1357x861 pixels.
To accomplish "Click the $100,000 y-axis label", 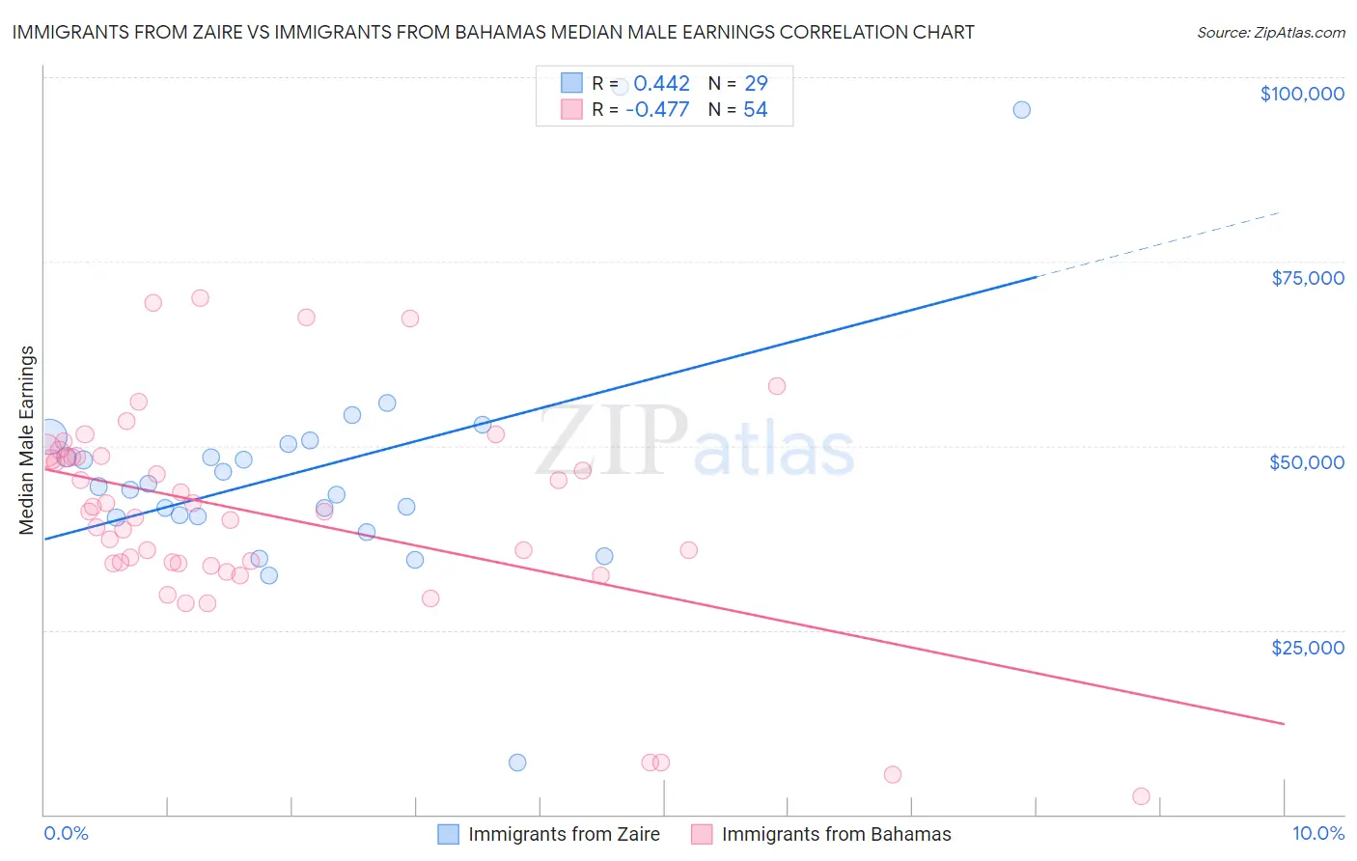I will (x=1302, y=94).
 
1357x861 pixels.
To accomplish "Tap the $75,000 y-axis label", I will (x=1307, y=278).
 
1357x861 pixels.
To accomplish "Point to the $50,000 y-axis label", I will (x=1306, y=462).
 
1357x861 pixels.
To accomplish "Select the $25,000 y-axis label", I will (x=1307, y=647).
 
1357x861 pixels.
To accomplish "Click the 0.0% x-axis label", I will (x=66, y=833).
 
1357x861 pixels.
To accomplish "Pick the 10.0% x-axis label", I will (x=1317, y=833).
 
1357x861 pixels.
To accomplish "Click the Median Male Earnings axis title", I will (x=27, y=440).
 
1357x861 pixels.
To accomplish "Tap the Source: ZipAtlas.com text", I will (x=1270, y=33).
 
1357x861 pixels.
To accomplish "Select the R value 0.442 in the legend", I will (x=661, y=84).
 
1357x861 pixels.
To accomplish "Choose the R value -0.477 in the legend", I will (x=657, y=110).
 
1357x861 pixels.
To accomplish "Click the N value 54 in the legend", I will (x=755, y=110).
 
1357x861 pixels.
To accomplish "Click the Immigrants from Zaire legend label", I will (x=564, y=834).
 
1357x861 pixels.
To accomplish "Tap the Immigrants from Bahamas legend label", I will (x=836, y=834).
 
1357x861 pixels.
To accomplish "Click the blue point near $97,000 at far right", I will (x=1021, y=110).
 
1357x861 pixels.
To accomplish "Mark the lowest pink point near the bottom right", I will (x=1141, y=796).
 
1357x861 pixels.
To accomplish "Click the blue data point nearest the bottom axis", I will (x=517, y=763).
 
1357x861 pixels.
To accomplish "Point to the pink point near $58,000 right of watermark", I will (x=777, y=386).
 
